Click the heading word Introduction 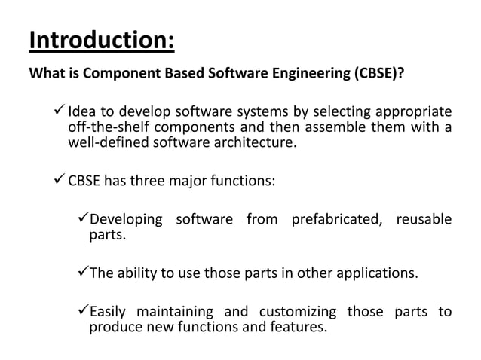[101, 39]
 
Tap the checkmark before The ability [84, 272]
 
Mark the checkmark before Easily [84, 311]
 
